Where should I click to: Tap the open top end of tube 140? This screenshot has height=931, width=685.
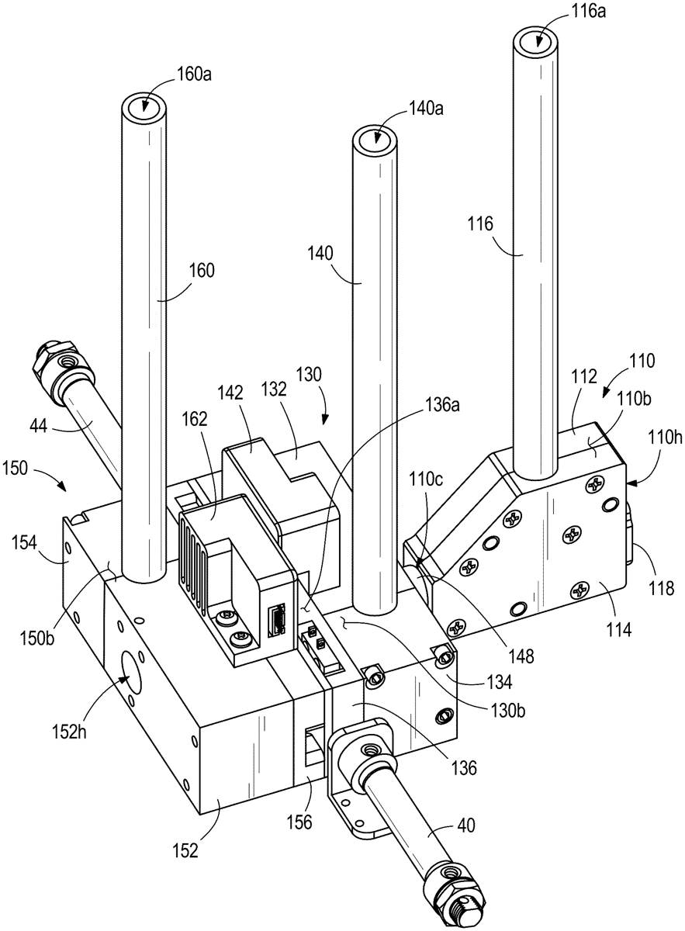click(375, 139)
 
